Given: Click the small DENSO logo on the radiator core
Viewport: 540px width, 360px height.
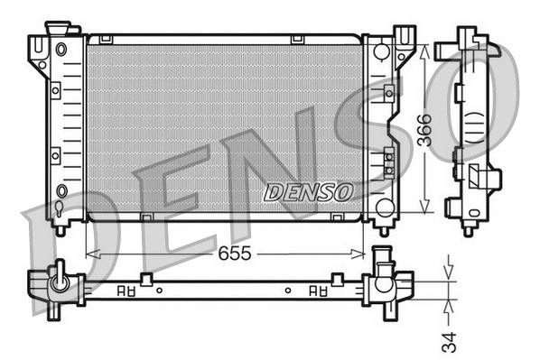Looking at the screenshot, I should pos(308,192).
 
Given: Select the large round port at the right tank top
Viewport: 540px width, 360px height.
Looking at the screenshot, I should pos(382,51).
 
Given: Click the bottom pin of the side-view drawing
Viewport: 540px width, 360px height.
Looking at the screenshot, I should pos(468,229).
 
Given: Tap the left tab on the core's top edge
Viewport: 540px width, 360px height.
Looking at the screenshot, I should pos(107,39).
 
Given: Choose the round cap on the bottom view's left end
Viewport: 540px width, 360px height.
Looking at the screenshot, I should pos(60,281).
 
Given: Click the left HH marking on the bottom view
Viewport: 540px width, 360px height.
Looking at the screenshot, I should pos(126,291).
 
